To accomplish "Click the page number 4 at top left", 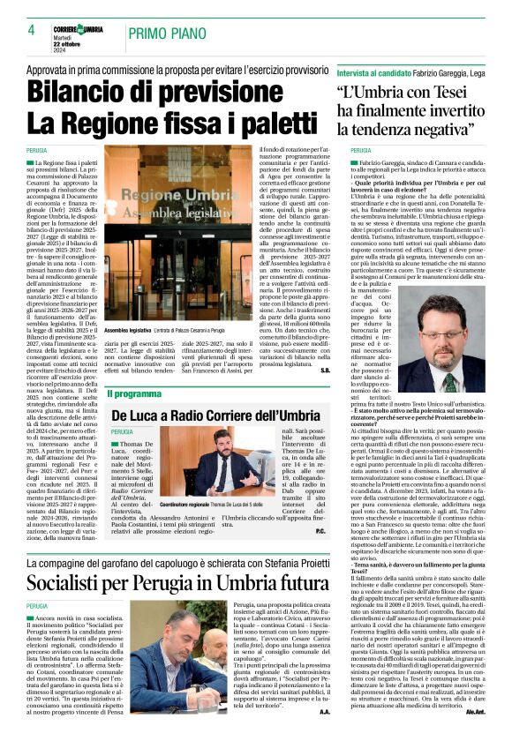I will tap(31, 30).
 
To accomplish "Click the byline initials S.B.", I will tap(350, 370).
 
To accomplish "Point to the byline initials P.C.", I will tap(345, 531).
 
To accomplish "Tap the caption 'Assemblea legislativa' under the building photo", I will tap(128, 329).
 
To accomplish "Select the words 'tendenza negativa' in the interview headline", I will tap(420, 129).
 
